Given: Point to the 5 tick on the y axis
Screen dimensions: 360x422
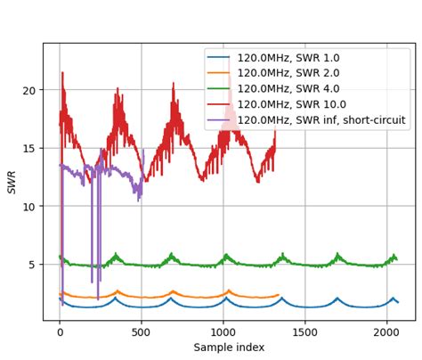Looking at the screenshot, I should (32, 265).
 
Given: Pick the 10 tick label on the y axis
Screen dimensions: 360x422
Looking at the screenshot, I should (28, 207).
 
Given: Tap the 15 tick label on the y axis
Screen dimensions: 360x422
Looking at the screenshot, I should (28, 149).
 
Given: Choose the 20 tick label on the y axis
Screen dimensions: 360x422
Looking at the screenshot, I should (28, 90).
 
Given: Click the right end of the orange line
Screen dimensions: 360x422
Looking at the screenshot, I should (279, 295).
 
